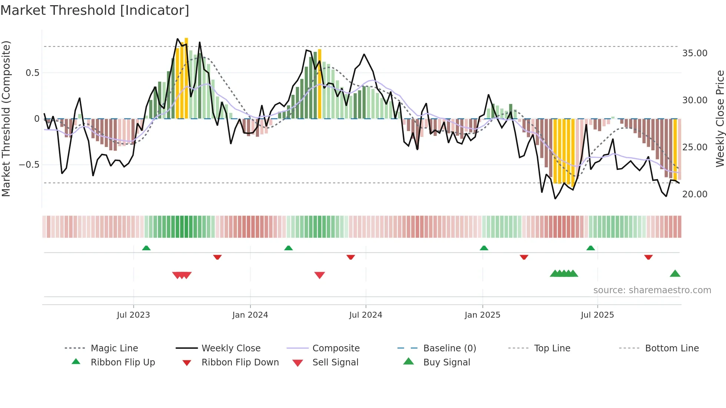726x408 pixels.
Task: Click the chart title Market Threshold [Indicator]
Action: click(95, 10)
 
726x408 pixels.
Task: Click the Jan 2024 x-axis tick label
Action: click(250, 315)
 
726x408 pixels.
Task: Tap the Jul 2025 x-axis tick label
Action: click(597, 315)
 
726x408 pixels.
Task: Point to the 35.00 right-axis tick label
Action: click(695, 53)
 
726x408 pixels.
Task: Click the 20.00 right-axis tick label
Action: click(695, 194)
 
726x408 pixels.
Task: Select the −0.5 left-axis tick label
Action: click(29, 165)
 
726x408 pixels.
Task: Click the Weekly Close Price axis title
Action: click(720, 118)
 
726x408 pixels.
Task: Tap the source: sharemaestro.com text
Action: click(652, 290)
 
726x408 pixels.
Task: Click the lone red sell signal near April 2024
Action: click(319, 275)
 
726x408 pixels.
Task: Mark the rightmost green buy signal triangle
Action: click(675, 274)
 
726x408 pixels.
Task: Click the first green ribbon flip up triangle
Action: click(146, 248)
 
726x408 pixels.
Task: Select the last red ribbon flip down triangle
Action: click(648, 257)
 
